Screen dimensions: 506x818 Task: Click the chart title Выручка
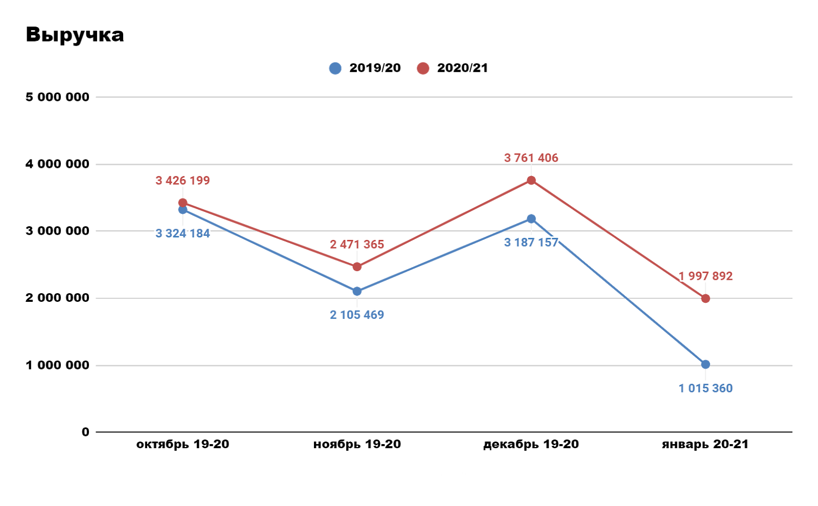75,35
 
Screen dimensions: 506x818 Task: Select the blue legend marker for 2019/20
335,68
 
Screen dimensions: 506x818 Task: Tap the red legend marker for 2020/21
423,68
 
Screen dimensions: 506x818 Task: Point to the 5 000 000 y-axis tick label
57,97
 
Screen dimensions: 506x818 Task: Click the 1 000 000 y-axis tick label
57,365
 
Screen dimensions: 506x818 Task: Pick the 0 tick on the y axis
85,432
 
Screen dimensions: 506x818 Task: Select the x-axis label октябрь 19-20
183,444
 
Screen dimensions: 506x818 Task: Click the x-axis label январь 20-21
705,444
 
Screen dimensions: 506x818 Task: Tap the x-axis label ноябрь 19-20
357,444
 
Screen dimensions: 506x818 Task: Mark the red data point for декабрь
531,180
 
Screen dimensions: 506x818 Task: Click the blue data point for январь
706,364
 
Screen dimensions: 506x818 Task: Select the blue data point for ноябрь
357,291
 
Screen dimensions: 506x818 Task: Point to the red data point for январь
706,298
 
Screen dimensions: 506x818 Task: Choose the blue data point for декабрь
531,219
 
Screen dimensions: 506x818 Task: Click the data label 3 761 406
531,158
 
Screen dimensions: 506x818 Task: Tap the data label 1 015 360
706,388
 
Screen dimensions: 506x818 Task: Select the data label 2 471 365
357,245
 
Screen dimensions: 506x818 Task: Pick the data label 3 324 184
183,233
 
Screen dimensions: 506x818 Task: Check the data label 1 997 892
706,276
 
